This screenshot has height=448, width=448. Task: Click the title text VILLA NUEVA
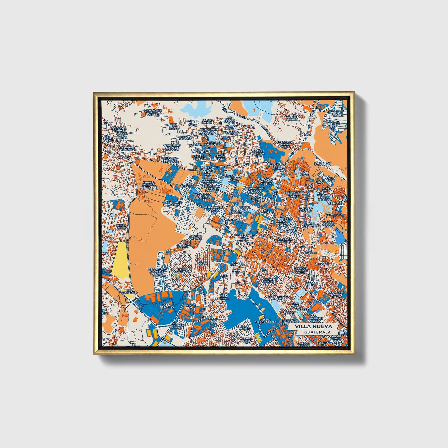tap(313, 326)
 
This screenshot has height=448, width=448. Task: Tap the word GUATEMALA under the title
tap(317, 332)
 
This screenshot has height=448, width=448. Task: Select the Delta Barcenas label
tap(166, 306)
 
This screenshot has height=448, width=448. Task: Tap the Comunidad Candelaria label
tap(322, 164)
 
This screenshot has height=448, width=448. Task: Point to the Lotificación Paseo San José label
tap(153, 113)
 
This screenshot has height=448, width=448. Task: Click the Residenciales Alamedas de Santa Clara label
tap(157, 272)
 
